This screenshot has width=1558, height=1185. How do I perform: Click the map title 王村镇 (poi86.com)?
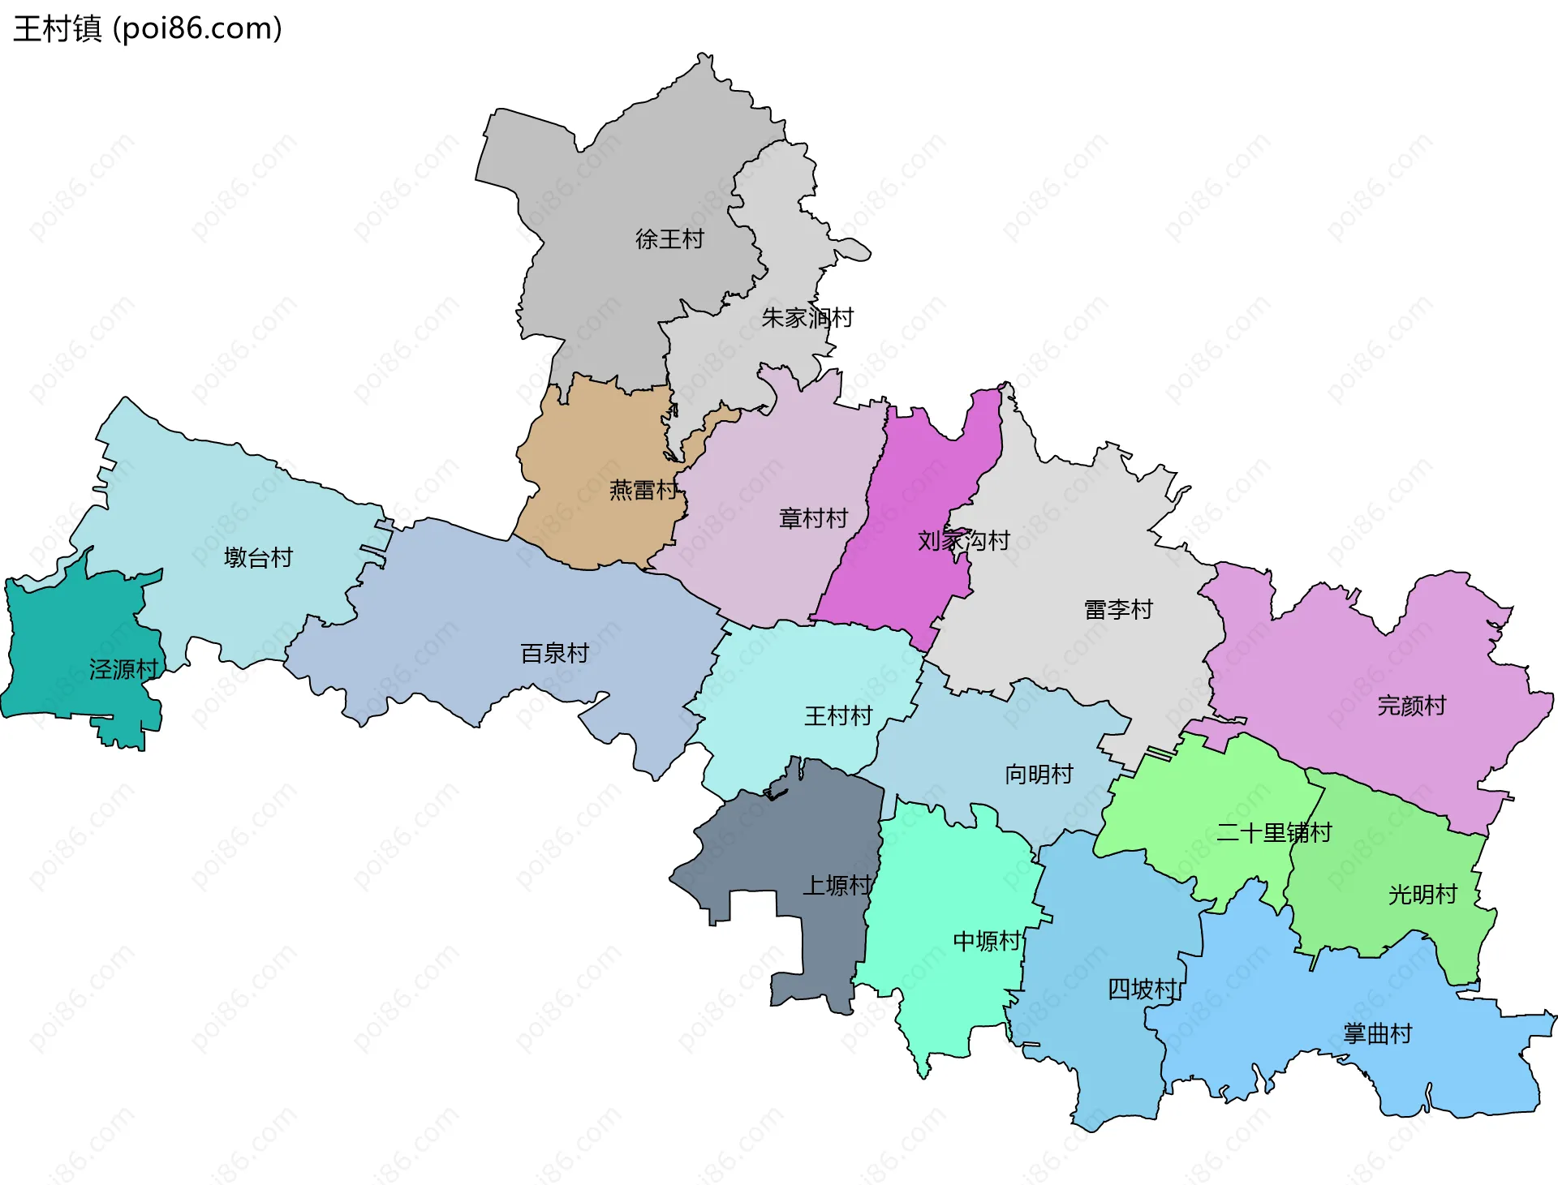[147, 28]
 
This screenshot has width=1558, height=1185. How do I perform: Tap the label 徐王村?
[669, 239]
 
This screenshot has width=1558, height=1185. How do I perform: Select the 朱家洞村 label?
[807, 318]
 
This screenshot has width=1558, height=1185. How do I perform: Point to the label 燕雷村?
[643, 490]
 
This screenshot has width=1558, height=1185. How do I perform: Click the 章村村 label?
[813, 518]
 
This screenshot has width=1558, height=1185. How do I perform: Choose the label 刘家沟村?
[963, 540]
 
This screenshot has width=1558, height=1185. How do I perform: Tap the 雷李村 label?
[1118, 609]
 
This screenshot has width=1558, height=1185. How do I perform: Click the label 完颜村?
[1411, 706]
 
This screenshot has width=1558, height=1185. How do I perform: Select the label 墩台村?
[258, 558]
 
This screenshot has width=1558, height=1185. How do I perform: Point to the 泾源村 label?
[123, 670]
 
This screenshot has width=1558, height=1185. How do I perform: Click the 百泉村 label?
[554, 653]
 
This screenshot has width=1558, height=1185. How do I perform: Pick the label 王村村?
[838, 716]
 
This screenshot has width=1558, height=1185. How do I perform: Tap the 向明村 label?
[1039, 775]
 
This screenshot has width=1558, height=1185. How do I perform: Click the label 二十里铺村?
[1274, 833]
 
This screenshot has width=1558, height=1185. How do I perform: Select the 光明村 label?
[1422, 895]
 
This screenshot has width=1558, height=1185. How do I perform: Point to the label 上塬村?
[837, 886]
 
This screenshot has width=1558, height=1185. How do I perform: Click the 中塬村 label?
[987, 942]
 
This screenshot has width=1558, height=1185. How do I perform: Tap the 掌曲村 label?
[1377, 1034]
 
